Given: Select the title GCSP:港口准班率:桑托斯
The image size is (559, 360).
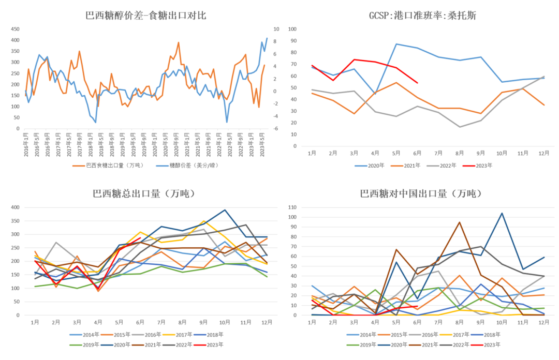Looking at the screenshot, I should coord(422,16).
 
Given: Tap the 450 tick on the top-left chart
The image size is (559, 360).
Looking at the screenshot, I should coord(16,29).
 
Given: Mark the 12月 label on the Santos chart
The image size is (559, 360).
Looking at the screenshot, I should coord(543,154).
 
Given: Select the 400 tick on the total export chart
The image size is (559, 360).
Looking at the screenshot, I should coord(16,207).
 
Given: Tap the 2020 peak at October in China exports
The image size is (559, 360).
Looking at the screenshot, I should coord(502,213).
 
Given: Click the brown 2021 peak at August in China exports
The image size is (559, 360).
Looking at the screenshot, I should coord(460,222).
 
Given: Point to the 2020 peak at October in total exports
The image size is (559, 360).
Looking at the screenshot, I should coord(225,210).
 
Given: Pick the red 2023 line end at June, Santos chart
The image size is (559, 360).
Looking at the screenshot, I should coord(417,83).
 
